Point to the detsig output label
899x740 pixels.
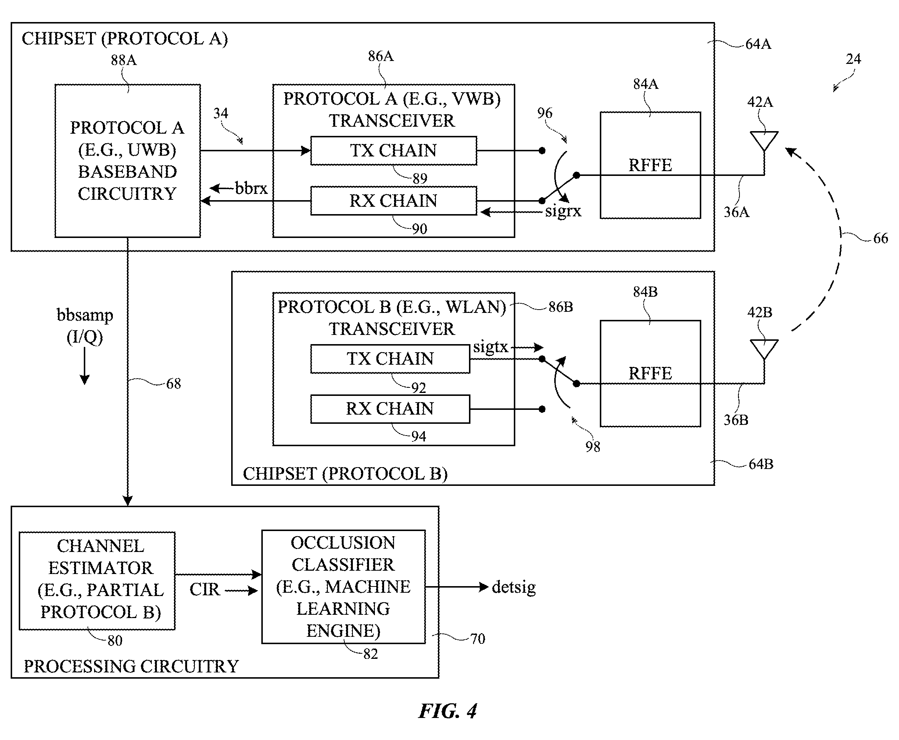point(513,587)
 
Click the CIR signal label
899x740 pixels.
point(204,589)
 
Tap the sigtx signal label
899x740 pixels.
point(491,347)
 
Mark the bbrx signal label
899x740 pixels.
point(251,188)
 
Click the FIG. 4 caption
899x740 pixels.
point(447,711)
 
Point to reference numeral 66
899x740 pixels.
point(881,238)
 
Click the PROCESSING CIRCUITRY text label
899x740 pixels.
point(131,666)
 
